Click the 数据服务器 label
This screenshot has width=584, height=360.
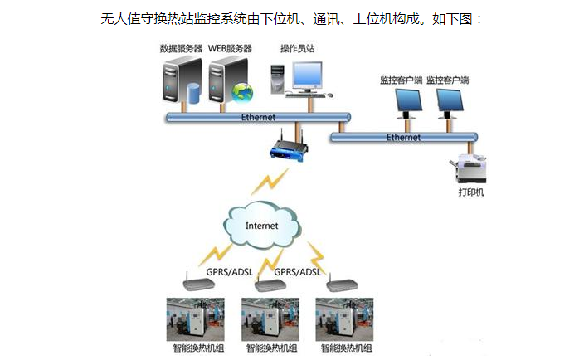point(182,47)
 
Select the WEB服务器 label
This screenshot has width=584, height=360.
point(231,47)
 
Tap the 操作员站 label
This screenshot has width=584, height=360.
point(297,47)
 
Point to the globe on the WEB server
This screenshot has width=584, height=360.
point(241,91)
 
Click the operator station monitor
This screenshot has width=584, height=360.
point(311,76)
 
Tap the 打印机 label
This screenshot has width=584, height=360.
point(471,193)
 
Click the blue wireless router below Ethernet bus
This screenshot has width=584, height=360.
point(289,148)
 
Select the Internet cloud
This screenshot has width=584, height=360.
point(262,225)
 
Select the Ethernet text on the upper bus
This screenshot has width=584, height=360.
point(258,117)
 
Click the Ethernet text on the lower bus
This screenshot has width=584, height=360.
point(403,136)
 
